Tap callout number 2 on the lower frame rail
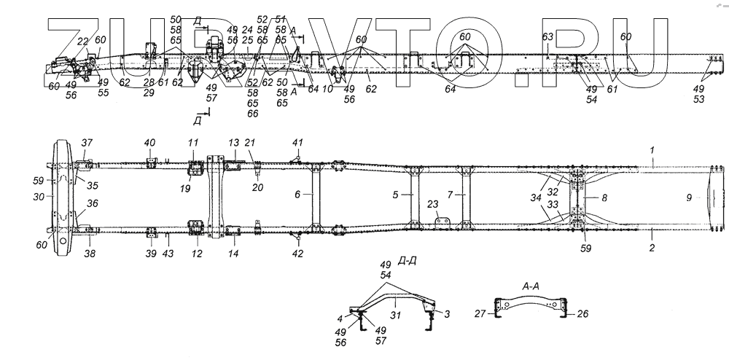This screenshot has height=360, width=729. pos(652,247)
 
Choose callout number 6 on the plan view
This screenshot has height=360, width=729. pos(297,195)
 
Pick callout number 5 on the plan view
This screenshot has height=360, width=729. pos(451,195)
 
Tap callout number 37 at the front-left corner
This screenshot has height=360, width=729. pos(87,143)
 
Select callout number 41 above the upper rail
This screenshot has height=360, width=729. pos(297,142)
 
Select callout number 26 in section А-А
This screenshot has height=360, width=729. pos(582,314)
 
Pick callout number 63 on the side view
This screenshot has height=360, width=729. pos(548,36)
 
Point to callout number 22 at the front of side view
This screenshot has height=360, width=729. pos(82,42)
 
